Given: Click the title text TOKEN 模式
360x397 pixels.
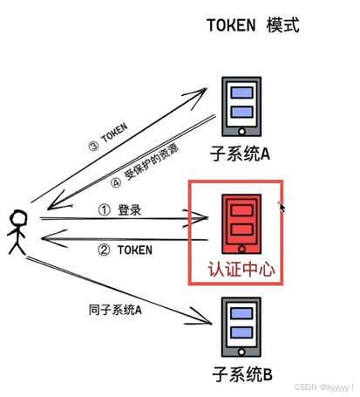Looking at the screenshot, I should click(252, 24).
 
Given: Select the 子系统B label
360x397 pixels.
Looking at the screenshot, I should click(243, 374).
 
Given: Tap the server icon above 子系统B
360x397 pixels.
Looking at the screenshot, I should click(241, 326).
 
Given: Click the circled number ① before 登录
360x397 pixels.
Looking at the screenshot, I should click(104, 211).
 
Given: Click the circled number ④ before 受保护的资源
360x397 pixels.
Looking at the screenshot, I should click(117, 184).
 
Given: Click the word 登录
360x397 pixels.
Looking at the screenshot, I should click(129, 211).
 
